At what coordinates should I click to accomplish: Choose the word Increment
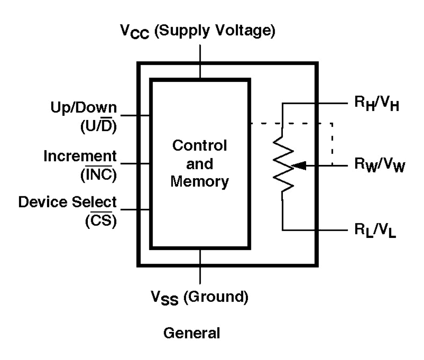point(80,156)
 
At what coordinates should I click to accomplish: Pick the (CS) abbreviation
point(101,221)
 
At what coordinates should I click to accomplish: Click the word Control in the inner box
point(200,146)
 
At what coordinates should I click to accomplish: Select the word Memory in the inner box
point(200,181)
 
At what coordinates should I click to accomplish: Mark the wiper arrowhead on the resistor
point(299,166)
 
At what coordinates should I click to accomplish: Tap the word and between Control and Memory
point(200,164)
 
